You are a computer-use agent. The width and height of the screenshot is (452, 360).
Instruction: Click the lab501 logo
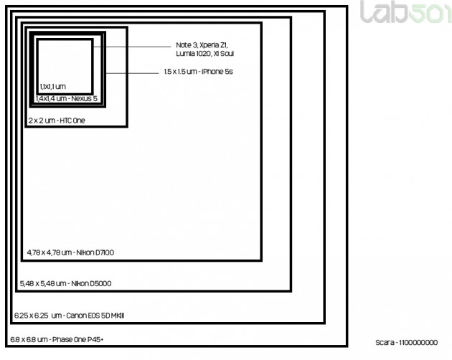click(406, 11)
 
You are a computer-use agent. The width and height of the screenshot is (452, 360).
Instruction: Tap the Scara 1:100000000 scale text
click(407, 342)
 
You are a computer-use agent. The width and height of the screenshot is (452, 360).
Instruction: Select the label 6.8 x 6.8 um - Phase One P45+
click(57, 339)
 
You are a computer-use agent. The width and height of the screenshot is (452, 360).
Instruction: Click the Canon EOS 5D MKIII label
click(69, 316)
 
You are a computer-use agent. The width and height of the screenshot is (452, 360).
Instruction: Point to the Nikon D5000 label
click(65, 283)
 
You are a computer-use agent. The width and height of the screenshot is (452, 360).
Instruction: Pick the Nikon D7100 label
click(70, 252)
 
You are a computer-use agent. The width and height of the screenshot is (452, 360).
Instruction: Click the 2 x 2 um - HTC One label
click(57, 120)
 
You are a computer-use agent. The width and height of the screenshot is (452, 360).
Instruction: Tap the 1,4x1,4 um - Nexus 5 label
click(67, 98)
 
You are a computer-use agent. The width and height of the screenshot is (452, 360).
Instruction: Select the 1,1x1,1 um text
click(53, 87)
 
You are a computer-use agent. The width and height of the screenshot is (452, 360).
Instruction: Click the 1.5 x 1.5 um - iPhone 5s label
click(198, 72)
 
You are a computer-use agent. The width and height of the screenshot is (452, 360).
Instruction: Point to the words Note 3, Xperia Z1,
click(202, 45)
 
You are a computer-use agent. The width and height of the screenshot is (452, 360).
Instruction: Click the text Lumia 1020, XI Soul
click(204, 54)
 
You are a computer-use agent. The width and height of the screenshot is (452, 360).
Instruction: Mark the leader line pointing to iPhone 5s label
click(132, 73)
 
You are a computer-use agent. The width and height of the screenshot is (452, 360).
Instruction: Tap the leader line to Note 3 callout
click(132, 47)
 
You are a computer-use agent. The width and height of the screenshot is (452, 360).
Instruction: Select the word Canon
click(75, 316)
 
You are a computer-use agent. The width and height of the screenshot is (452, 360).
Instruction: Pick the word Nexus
click(81, 98)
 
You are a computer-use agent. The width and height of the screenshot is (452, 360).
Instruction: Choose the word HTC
click(65, 120)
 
